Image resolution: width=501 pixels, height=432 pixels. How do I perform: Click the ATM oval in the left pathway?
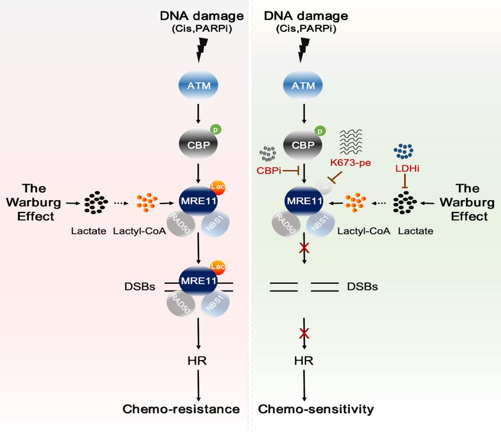click(199, 86)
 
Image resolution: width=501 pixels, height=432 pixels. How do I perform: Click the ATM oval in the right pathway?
click(304, 86)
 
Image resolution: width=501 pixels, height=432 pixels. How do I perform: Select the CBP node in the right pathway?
click(304, 145)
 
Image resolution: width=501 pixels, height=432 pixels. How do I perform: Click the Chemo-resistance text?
click(181, 409)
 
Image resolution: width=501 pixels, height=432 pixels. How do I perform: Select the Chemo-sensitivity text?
click(316, 409)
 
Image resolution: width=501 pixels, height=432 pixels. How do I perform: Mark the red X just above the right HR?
click(304, 333)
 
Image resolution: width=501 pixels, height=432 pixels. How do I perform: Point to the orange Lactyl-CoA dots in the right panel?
click(356, 204)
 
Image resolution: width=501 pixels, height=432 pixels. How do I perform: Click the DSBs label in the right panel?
click(362, 287)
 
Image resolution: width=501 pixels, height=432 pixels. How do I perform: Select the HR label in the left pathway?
click(198, 361)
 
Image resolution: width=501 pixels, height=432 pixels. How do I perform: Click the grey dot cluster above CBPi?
click(267, 154)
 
